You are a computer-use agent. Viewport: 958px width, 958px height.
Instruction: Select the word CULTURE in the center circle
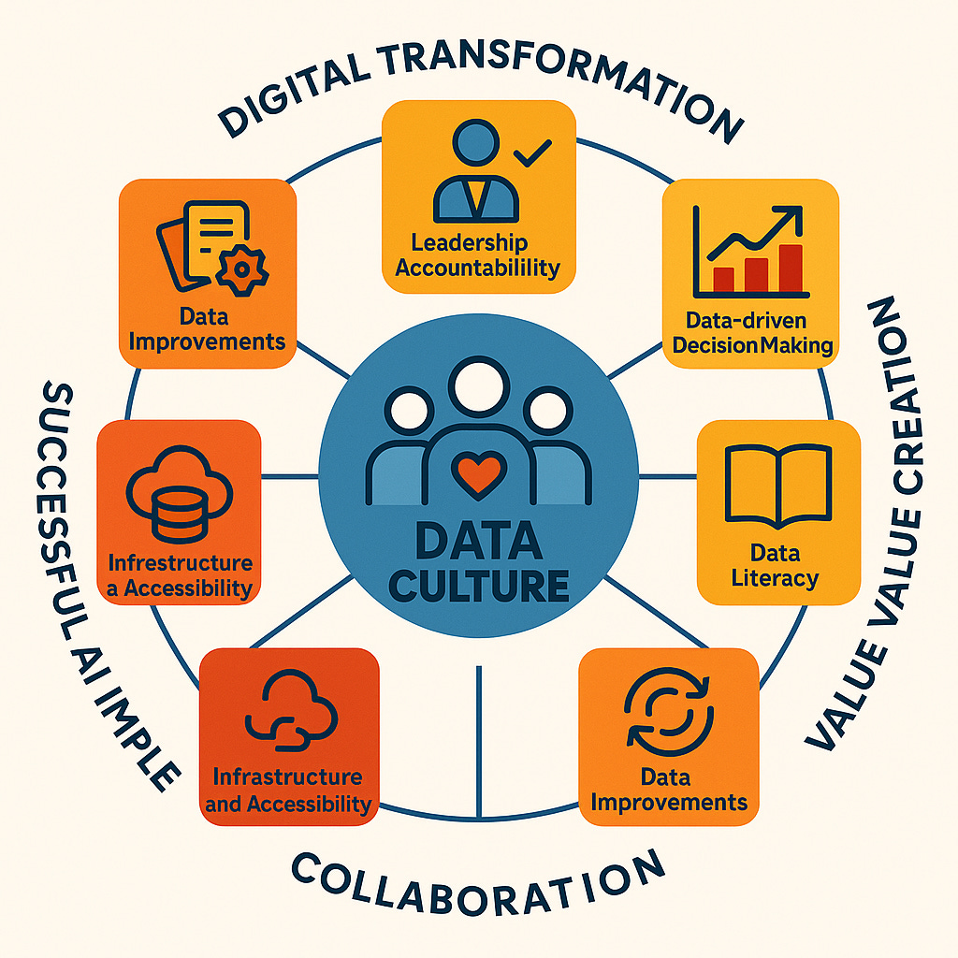click(x=480, y=585)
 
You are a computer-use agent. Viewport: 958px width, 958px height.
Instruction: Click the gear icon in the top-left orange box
click(x=242, y=269)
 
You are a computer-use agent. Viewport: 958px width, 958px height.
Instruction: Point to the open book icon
click(x=778, y=485)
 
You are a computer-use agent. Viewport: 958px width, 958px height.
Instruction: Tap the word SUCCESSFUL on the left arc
click(x=65, y=477)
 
